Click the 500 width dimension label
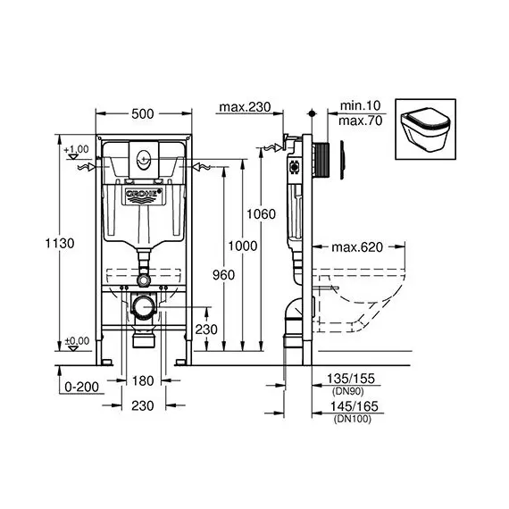coord(144,113)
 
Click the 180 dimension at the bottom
coord(143,380)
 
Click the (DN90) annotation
coord(345,392)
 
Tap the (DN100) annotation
coord(347,419)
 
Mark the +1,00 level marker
coord(79,149)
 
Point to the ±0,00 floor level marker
coord(79,341)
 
